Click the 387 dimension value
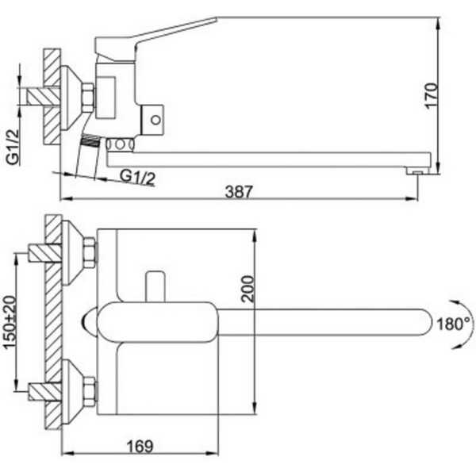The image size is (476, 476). tap(239, 191)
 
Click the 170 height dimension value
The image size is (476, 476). tap(432, 95)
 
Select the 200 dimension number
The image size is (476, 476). tap(248, 289)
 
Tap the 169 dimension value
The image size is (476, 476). tap(140, 446)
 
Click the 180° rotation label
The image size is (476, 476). tap(453, 324)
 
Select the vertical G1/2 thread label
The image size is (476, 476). tap(13, 147)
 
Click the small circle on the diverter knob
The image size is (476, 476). tap(155, 120)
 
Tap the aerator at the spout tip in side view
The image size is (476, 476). tap(418, 171)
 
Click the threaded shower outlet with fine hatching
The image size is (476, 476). tap(90, 140)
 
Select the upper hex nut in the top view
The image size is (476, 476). tap(90, 253)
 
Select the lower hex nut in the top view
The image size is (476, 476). tap(90, 392)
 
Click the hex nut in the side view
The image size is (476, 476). tap(87, 98)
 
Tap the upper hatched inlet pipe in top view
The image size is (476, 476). tap(45, 253)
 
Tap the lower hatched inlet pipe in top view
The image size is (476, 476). tap(45, 392)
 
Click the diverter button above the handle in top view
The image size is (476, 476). tap(155, 286)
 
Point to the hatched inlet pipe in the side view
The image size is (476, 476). tap(43, 97)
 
